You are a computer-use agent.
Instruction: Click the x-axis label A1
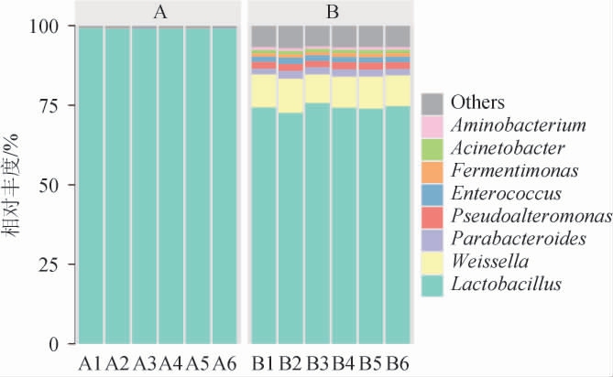[x=90, y=363]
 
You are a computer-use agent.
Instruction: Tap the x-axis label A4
[x=170, y=363]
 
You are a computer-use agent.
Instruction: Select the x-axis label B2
[x=290, y=363]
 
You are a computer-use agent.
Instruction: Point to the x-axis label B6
[x=398, y=363]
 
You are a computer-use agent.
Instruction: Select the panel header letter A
[x=158, y=12]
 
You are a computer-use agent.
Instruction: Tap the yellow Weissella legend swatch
[x=433, y=262]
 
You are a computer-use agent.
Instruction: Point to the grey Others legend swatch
[x=433, y=102]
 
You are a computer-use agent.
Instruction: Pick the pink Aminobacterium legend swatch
[x=433, y=124]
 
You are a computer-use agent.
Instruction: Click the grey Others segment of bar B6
[x=398, y=36]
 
